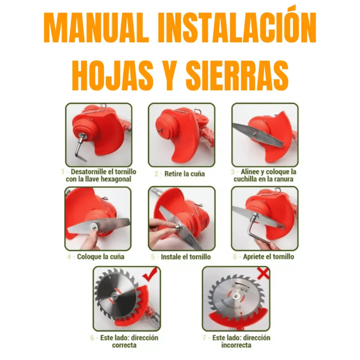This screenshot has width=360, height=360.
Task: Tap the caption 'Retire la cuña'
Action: click(x=184, y=174)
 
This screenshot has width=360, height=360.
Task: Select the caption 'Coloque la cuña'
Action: click(x=101, y=257)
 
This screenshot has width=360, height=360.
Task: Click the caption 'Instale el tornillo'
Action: click(x=186, y=257)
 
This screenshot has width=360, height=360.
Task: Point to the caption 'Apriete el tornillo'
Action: click(x=268, y=257)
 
